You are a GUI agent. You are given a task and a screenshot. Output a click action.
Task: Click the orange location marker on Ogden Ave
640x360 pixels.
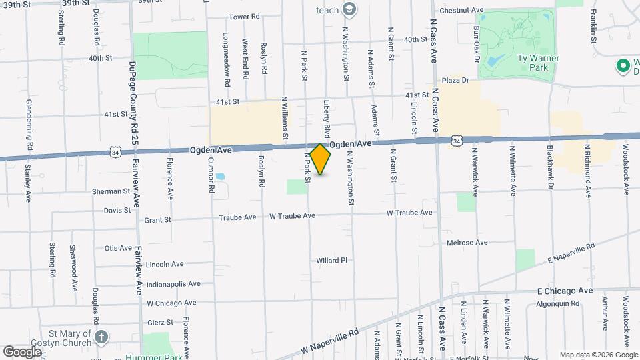[321, 159]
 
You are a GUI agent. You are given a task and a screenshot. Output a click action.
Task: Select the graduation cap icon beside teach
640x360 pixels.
[349, 9]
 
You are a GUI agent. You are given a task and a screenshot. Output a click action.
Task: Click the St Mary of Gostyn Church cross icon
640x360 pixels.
[101, 337]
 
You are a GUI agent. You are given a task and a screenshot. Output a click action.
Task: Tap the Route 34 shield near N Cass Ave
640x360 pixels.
[456, 141]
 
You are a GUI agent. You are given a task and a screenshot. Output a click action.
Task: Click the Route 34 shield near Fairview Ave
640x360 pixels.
[116, 153]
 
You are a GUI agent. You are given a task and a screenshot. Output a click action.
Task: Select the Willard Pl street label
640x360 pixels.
[333, 260]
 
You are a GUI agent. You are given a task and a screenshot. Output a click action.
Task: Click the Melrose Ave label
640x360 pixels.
[467, 242]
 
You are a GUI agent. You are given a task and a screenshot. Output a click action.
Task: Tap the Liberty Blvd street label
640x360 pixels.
[327, 117]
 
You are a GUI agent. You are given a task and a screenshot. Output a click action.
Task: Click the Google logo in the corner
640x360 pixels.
[23, 351]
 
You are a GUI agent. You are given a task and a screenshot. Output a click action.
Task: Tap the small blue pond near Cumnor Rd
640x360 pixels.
[221, 178]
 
